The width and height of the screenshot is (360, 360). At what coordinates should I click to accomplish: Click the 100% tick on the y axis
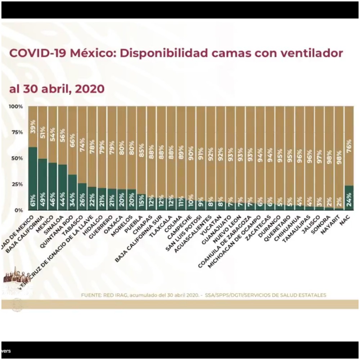(16, 107)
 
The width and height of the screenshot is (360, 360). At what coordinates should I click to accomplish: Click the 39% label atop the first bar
(33, 127)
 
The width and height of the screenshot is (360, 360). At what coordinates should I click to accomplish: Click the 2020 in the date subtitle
(90, 89)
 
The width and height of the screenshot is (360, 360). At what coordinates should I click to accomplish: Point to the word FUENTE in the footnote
(91, 295)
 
